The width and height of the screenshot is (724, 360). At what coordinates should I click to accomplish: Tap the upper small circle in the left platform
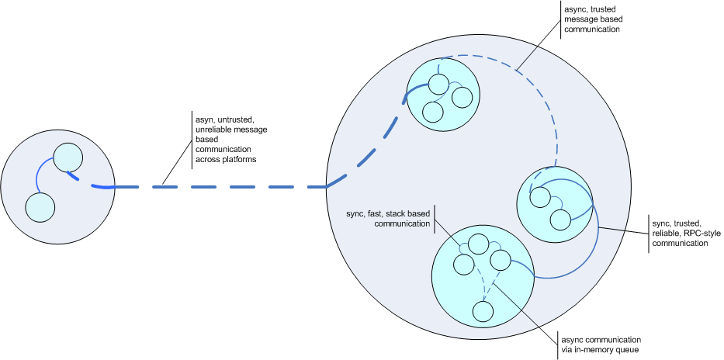[x=68, y=157]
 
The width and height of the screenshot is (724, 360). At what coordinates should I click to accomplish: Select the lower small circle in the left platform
[x=40, y=207]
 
